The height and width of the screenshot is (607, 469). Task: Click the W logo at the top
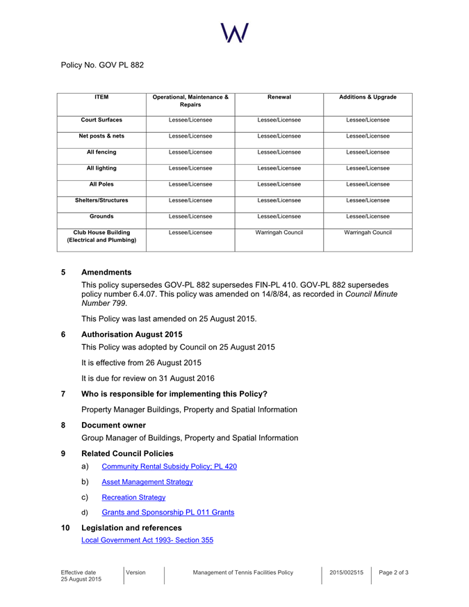tap(235, 31)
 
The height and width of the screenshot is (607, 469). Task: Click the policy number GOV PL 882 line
tap(102, 65)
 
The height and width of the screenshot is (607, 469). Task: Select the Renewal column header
tap(279, 97)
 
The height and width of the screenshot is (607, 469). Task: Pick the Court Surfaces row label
tap(101, 120)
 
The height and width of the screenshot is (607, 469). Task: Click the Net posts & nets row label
tap(101, 136)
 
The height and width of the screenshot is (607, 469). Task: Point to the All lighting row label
tap(101, 168)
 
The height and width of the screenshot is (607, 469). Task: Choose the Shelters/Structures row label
tap(101, 200)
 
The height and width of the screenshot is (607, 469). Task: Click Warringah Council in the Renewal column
tap(279, 232)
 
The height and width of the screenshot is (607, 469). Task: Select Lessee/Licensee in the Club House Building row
tap(190, 232)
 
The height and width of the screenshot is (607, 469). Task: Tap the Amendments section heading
tap(106, 272)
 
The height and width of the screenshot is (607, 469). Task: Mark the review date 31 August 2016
tap(176, 378)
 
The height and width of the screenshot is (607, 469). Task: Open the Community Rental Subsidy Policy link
tap(169, 466)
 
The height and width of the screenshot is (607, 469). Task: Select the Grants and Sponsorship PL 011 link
tap(167, 512)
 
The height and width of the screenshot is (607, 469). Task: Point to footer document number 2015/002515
tap(347, 572)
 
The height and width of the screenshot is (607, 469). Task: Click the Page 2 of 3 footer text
tap(393, 572)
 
